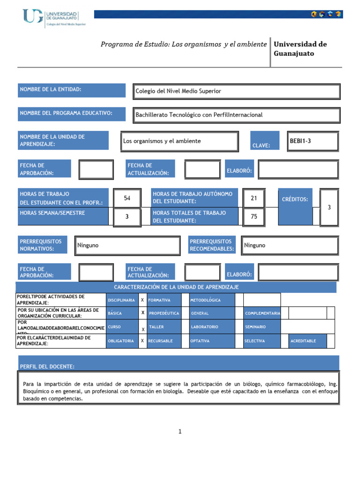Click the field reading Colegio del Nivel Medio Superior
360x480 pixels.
236,91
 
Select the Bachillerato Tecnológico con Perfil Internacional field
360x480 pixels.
236,115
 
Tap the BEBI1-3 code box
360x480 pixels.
313,141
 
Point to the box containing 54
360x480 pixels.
127,198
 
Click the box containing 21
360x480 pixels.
254,198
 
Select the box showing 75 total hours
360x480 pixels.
254,217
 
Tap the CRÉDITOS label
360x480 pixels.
295,200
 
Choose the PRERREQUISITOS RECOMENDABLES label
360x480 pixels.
212,245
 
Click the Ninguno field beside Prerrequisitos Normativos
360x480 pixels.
127,245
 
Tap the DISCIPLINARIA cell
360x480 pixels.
122,300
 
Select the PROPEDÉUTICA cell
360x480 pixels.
164,313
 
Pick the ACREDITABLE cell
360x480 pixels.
307,341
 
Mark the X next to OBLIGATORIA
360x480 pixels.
142,341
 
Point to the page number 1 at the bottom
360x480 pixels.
180,432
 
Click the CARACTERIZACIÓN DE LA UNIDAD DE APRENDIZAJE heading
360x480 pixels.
176,287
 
